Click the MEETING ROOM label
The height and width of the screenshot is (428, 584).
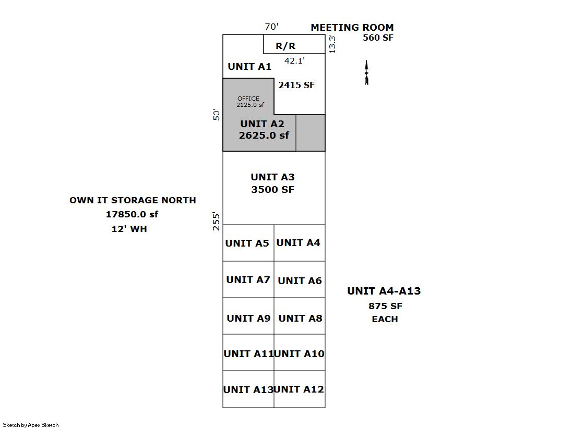click(x=352, y=28)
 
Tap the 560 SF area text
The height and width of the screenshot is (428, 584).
click(x=378, y=38)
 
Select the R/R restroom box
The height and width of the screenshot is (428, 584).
click(x=285, y=46)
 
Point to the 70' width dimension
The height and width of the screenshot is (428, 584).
click(x=271, y=27)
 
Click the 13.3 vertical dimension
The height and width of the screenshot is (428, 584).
click(x=332, y=44)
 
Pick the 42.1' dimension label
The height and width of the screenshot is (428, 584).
click(x=294, y=60)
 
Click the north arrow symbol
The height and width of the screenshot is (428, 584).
click(x=366, y=72)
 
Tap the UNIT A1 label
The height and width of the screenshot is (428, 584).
click(x=249, y=67)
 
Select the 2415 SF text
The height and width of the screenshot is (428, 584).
click(x=296, y=85)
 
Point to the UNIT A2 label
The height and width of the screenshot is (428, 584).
click(x=262, y=124)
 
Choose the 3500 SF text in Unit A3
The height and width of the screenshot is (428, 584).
click(x=272, y=190)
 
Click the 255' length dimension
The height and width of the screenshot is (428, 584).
click(x=217, y=222)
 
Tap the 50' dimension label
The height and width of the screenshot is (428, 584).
click(x=217, y=115)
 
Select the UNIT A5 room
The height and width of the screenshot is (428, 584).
click(x=248, y=243)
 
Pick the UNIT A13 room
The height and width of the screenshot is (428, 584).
click(x=248, y=389)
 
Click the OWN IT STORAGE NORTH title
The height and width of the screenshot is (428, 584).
click(x=133, y=200)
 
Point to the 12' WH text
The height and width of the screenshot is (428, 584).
click(x=129, y=229)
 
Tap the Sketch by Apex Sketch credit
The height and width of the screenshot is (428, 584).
click(x=31, y=425)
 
